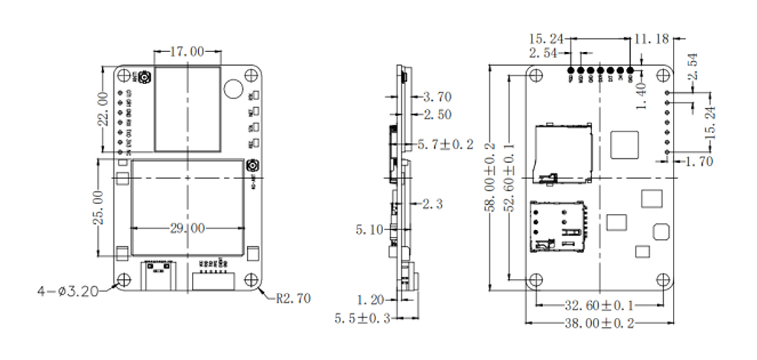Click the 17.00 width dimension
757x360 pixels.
tap(187, 52)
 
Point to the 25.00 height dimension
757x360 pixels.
tap(98, 208)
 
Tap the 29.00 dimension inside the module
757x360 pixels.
tap(187, 228)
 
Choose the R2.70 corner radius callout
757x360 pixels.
tap(292, 299)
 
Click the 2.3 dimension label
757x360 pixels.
tap(432, 203)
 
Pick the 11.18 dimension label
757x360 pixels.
tap(651, 37)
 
